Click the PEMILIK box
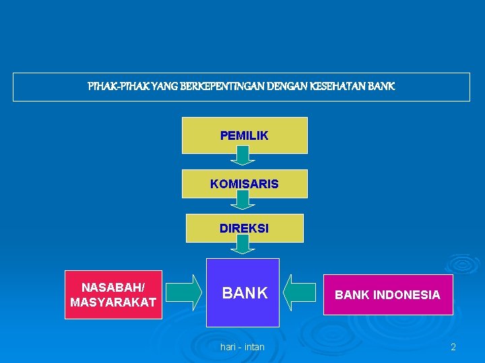[x=244, y=135]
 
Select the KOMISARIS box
[x=244, y=184]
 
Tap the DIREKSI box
[x=244, y=228]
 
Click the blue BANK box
[x=243, y=293]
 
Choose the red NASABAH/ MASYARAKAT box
[x=113, y=294]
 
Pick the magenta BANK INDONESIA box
[x=387, y=294]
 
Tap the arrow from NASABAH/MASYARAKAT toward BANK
[x=184, y=292]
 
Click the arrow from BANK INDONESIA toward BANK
[x=300, y=292]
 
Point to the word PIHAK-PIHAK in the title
[x=112, y=87]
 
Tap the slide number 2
[x=453, y=347]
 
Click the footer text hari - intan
[x=243, y=347]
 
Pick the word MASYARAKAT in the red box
[x=113, y=302]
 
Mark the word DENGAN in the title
[x=286, y=87]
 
